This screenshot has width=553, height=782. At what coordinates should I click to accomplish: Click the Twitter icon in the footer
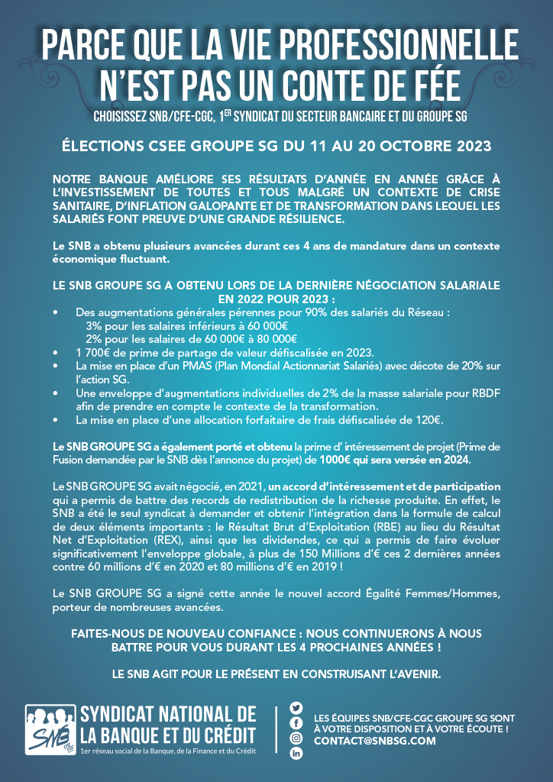point(296,707)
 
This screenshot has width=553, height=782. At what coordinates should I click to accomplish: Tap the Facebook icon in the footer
point(296,722)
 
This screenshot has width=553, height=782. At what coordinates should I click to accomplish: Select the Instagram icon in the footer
point(296,738)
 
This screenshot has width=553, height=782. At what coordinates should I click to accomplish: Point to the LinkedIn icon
point(296,754)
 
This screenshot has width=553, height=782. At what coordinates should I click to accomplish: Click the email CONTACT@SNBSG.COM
point(375,741)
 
